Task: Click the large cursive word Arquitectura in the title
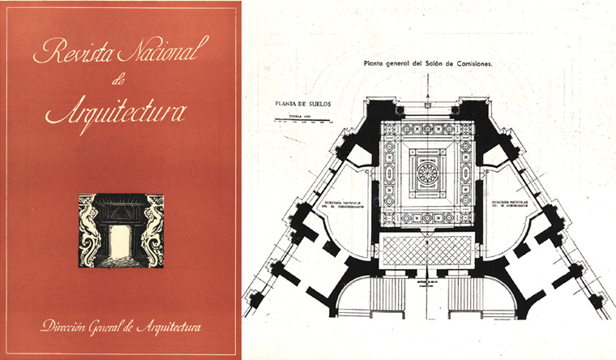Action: coord(116,110)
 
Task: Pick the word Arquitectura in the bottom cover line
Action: coord(184,328)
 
